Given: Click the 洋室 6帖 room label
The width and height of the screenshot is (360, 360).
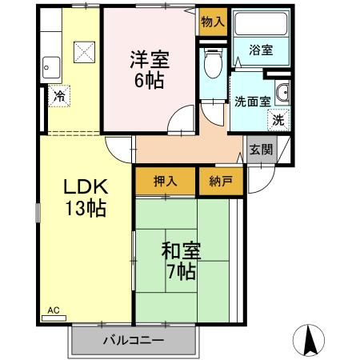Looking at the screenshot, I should coord(150,69).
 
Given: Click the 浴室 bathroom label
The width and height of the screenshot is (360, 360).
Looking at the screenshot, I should coord(261,50).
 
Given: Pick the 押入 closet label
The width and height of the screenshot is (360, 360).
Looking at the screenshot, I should coord(165,181).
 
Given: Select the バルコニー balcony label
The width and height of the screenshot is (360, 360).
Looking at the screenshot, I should coord(133,340).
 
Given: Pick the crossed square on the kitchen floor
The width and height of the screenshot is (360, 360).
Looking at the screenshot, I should coord(84,52).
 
